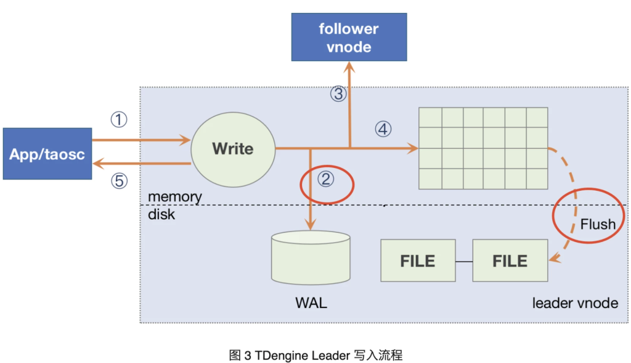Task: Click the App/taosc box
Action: click(47, 154)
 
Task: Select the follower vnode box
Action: click(349, 37)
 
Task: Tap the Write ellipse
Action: click(232, 149)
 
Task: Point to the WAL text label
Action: click(311, 303)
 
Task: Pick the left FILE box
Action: click(418, 261)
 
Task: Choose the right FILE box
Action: click(510, 261)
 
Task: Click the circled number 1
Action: click(118, 119)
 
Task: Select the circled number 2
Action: click(326, 180)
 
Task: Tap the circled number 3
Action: click(338, 94)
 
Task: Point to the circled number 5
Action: click(118, 180)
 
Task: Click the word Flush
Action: click(598, 223)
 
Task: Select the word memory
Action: click(175, 197)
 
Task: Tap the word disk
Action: click(161, 214)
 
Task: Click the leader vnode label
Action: click(575, 303)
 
